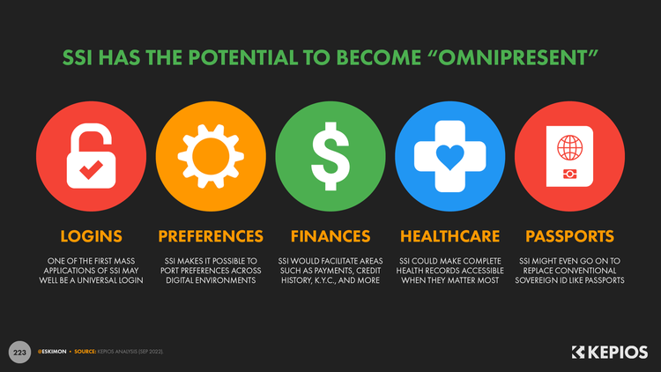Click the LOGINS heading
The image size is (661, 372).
[91, 236]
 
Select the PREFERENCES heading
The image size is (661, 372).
[211, 236]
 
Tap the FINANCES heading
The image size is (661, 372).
[330, 236]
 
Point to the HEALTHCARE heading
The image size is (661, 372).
[449, 236]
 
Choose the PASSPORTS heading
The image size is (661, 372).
[569, 236]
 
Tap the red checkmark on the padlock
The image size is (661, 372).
[91, 169]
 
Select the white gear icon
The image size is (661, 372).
[211, 156]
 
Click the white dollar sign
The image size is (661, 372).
[330, 156]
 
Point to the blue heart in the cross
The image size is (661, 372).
[449, 157]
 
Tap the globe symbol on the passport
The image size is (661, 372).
[570, 147]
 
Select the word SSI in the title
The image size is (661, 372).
[78, 58]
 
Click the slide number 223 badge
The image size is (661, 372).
[19, 353]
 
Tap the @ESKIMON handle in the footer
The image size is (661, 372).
[52, 352]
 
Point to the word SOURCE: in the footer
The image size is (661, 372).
[85, 352]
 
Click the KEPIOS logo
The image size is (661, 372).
[610, 353]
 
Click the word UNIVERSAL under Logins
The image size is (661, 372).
[95, 280]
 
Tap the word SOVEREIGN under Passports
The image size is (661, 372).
[536, 280]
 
